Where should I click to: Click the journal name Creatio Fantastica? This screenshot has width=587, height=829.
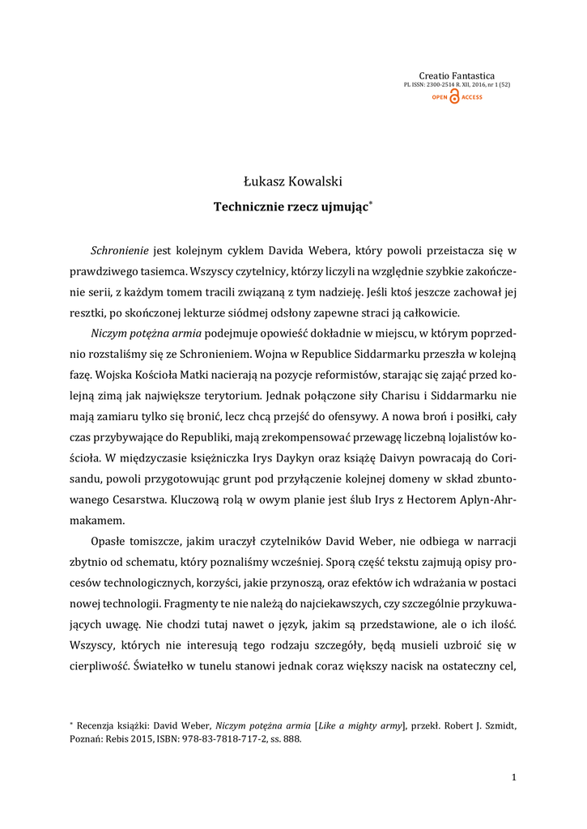coord(468,75)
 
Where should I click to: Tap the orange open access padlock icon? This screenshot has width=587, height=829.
coord(454,97)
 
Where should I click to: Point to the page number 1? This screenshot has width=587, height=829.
coord(513,777)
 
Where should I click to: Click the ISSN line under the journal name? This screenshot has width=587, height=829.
coord(457,84)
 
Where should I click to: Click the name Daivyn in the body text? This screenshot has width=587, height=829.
coord(423,458)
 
